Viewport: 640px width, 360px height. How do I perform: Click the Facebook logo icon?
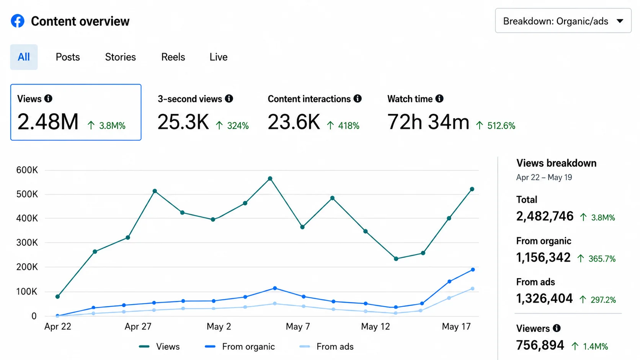[18, 21]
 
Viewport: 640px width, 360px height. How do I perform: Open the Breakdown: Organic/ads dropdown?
[563, 21]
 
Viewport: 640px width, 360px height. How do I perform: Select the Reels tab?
[173, 57]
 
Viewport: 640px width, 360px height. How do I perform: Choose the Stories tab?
[120, 57]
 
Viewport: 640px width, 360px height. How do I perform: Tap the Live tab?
[219, 57]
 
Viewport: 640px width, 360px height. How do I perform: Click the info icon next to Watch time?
[439, 98]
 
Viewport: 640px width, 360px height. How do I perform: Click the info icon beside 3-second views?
[229, 98]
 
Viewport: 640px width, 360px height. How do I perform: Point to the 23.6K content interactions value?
[294, 122]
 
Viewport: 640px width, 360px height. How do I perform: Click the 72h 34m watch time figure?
[428, 122]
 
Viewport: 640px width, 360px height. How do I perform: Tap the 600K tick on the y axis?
[27, 170]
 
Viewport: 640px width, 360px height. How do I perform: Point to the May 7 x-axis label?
[298, 326]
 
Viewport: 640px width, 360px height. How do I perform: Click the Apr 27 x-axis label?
[138, 326]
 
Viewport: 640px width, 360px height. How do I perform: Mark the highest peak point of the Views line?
[270, 178]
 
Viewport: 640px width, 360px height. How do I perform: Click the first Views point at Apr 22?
[57, 296]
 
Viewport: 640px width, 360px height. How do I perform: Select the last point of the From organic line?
[473, 269]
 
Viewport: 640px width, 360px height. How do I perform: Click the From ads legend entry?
[326, 347]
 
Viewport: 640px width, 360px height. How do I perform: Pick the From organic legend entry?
[240, 347]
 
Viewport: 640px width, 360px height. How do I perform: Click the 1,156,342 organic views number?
[543, 257]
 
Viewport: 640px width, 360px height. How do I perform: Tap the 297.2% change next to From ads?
[603, 300]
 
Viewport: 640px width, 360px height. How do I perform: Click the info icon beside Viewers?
[557, 328]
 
